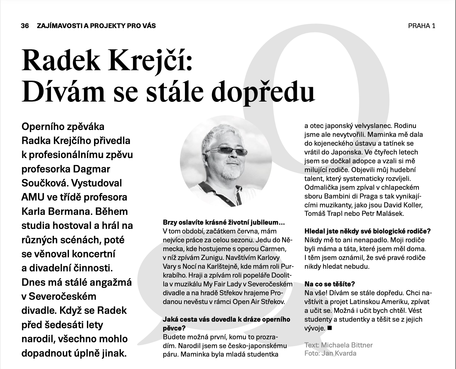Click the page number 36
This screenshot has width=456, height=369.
(25, 25)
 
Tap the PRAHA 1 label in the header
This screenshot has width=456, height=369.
(421, 26)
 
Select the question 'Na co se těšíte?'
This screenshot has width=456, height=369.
(329, 284)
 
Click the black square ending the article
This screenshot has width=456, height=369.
(329, 328)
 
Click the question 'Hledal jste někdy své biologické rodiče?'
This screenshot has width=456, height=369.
(367, 231)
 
